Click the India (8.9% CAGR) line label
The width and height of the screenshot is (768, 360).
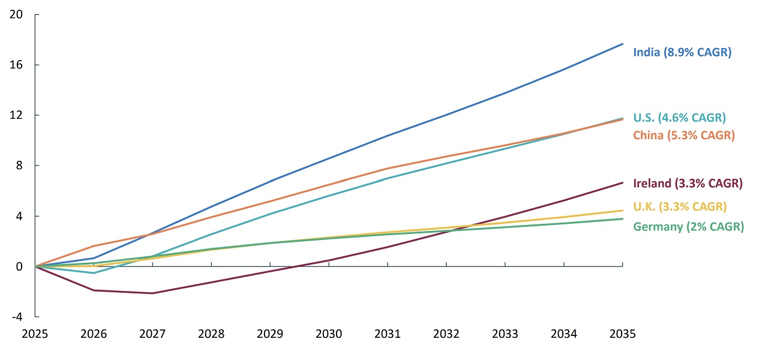[x=682, y=52]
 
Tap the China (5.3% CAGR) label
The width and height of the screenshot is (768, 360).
[x=684, y=135]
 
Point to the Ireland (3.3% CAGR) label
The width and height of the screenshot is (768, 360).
[x=688, y=183]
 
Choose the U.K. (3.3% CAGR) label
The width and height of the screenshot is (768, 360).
[x=680, y=206]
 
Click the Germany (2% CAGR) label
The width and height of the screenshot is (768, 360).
[x=688, y=227]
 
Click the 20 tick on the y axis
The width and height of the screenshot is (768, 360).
[x=16, y=14]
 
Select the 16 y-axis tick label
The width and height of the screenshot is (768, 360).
[x=16, y=65]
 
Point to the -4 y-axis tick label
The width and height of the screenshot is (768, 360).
[x=16, y=317]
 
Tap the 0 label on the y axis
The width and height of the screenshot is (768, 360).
[x=19, y=266]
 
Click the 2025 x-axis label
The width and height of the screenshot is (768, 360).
[x=35, y=334]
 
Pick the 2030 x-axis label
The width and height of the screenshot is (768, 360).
[x=329, y=334]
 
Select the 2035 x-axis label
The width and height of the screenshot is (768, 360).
[x=622, y=334]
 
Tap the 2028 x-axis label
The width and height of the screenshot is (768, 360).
[x=211, y=334]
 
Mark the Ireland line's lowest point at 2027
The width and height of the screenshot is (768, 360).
[x=152, y=293]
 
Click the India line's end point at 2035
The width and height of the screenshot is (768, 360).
[x=622, y=44]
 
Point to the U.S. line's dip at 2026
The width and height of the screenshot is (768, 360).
[x=94, y=273]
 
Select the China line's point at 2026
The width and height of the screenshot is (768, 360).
[x=94, y=246]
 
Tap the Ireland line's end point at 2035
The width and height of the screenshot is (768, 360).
[x=622, y=182]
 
